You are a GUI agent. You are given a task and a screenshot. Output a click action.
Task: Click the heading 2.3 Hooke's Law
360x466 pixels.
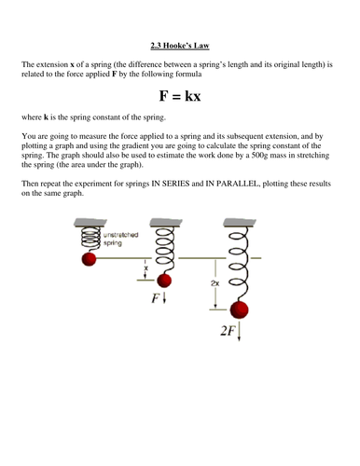coord(179,43)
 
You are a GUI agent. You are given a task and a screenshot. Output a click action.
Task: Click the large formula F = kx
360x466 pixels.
coord(179,95)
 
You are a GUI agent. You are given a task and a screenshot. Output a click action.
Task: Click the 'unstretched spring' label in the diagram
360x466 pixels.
coord(120,239)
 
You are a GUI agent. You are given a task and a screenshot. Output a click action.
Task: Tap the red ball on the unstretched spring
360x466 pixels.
coord(90,257)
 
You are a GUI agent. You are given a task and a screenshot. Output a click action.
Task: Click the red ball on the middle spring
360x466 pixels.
coord(165,280)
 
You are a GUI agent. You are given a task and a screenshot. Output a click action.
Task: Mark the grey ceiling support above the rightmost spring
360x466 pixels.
coord(239,223)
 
